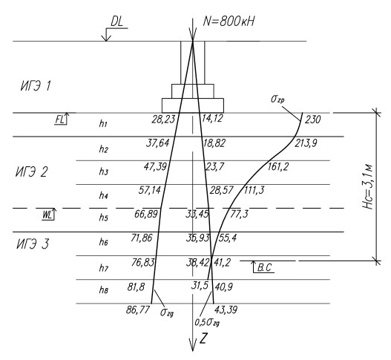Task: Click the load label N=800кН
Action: coord(229,22)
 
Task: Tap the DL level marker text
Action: coord(117,22)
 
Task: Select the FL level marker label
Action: coord(59,120)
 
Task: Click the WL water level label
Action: coord(47,215)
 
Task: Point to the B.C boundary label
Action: coord(264,268)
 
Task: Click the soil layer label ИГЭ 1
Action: coord(36,86)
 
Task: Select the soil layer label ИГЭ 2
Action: coord(31,172)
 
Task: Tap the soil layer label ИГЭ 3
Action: coord(33,243)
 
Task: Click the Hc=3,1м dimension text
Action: coord(368,186)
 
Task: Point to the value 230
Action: coord(312,120)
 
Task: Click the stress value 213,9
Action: coord(306,143)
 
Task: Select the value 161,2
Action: coord(278,167)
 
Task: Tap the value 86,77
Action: coord(138,310)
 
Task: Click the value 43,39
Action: coord(226,310)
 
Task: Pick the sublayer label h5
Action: coord(103,217)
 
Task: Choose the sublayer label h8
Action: coord(103,290)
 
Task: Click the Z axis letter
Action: coord(203,338)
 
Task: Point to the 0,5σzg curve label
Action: coord(207,323)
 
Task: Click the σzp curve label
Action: coord(277,99)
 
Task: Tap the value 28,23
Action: coord(163,120)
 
